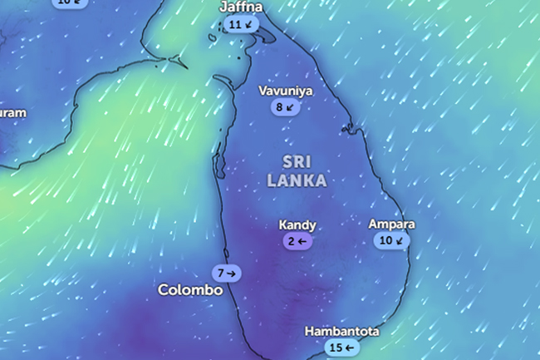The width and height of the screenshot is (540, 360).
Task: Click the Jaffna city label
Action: [x=241, y=7]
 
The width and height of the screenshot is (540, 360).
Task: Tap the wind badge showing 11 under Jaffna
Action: [x=241, y=25]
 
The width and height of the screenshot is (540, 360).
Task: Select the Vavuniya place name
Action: [x=285, y=91]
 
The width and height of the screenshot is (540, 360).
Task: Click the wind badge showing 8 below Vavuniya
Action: [x=284, y=107]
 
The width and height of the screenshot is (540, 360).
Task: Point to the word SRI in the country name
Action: [x=297, y=161]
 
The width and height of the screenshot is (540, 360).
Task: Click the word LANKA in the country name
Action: [x=297, y=180]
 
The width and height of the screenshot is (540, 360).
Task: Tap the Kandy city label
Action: [x=297, y=225]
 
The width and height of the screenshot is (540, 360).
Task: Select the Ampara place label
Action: [x=391, y=224]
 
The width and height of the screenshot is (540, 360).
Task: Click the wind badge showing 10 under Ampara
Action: [x=391, y=241]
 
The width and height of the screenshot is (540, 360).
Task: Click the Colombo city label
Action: [x=190, y=290]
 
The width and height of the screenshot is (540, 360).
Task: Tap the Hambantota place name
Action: [x=341, y=331]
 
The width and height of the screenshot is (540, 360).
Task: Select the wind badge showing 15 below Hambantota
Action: [x=341, y=348]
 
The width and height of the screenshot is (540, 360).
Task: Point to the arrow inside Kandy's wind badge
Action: [x=303, y=241]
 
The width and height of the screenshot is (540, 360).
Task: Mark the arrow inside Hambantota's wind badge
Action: [x=350, y=348]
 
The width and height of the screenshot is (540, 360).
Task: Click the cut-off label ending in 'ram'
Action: [x=12, y=112]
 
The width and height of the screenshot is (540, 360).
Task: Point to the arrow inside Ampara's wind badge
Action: [x=400, y=241]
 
